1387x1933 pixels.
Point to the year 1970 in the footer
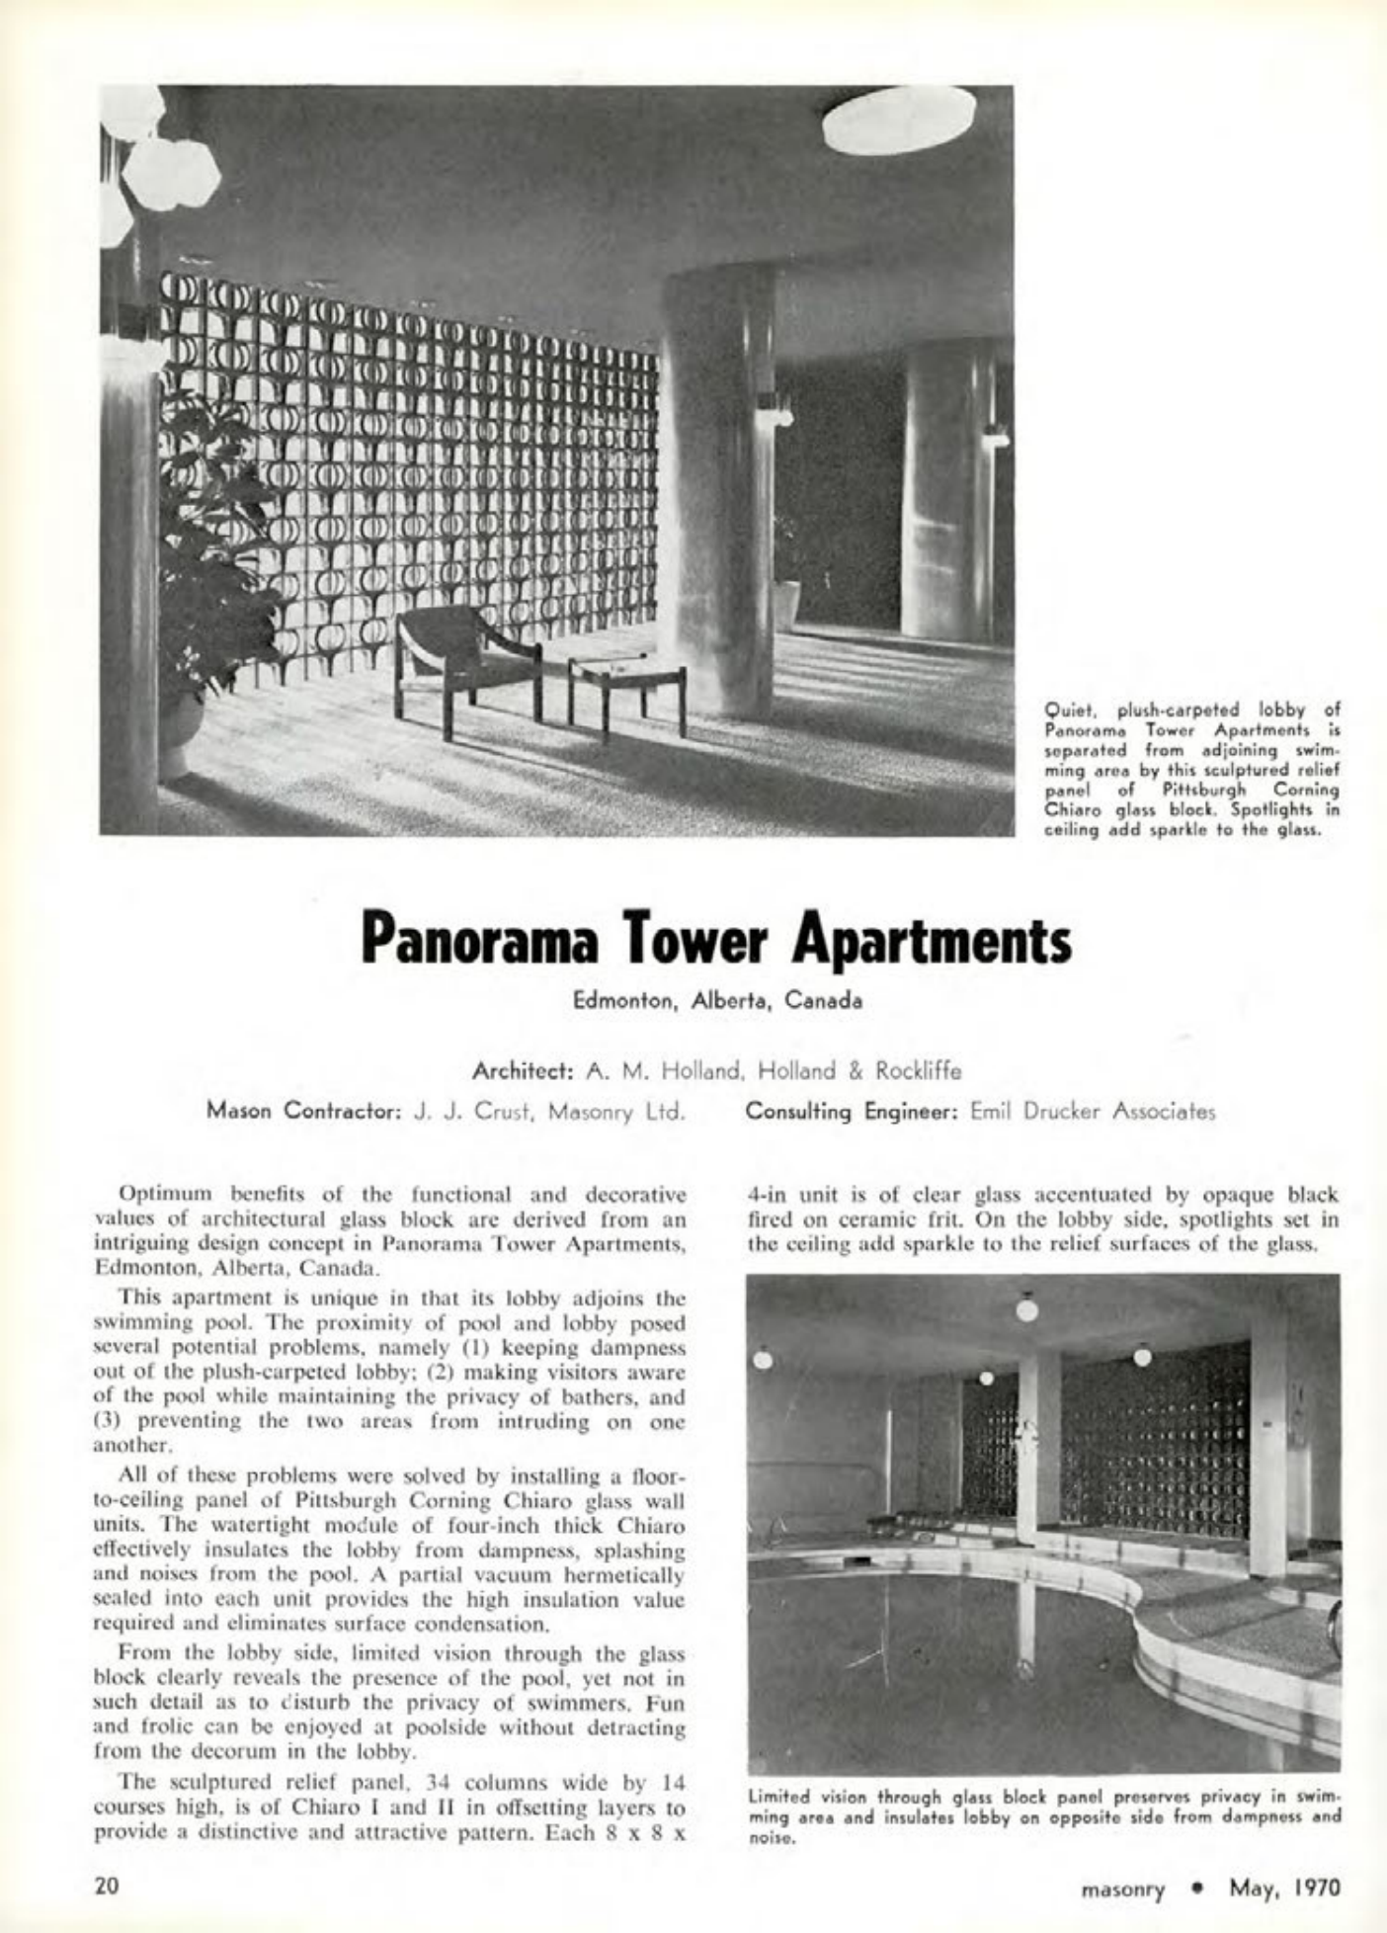point(1313,1888)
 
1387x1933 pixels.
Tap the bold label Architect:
point(524,1070)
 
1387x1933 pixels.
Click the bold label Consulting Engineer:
point(853,1111)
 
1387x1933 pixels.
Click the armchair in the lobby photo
point(464,657)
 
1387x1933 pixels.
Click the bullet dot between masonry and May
point(1196,1889)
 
